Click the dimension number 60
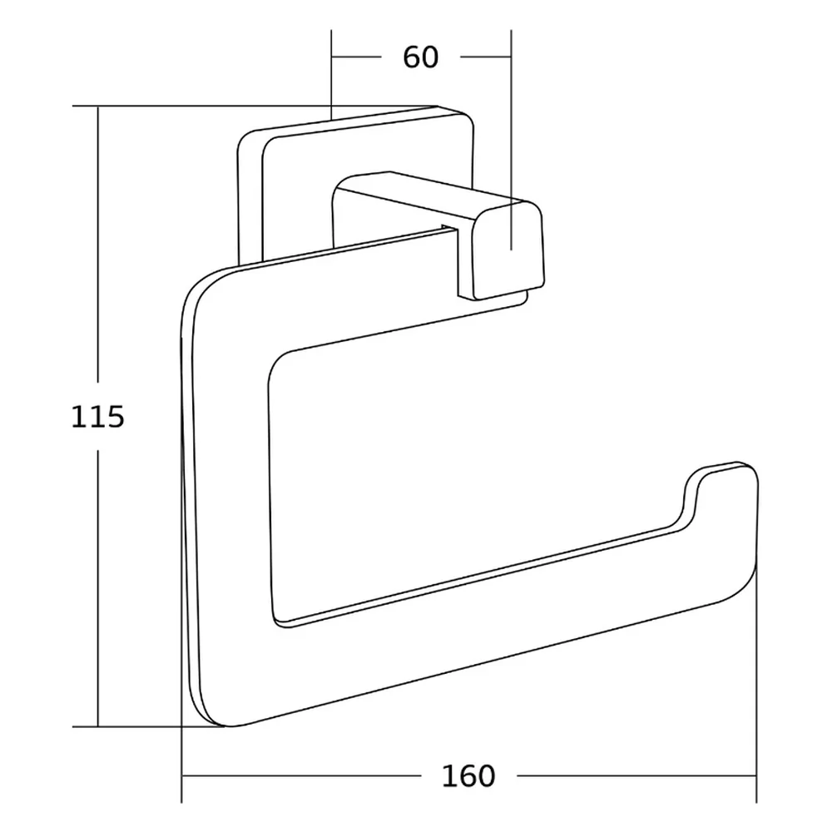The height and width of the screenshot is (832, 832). coord(421,57)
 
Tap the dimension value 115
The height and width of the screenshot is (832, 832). coord(97,417)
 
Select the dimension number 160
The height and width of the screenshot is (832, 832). coord(468,776)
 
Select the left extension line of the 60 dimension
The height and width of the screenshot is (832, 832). coord(331,75)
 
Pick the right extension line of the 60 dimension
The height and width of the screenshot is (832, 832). coord(511,140)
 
